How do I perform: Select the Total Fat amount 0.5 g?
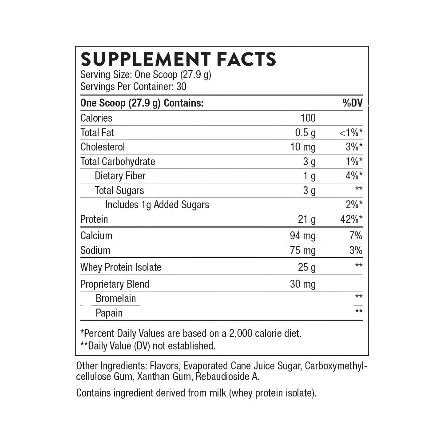click(305, 133)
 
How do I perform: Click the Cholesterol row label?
click(103, 147)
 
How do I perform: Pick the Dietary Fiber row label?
click(120, 176)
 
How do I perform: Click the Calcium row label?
click(97, 236)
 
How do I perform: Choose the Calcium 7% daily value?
click(355, 236)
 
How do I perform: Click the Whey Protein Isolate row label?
click(121, 267)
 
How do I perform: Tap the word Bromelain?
click(116, 298)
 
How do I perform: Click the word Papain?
click(110, 313)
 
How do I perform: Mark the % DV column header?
click(353, 103)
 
